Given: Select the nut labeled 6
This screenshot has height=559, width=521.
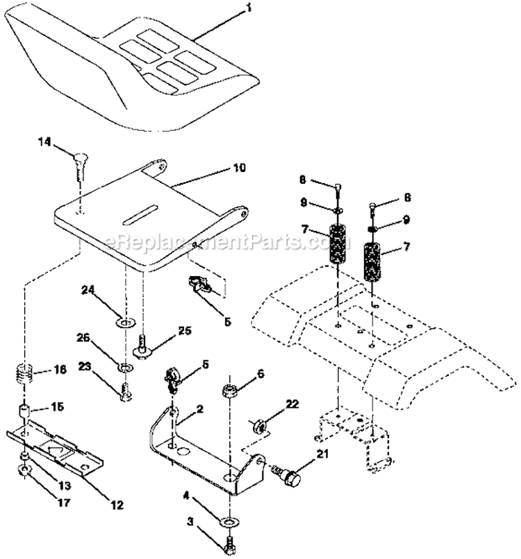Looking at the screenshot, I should tap(229, 393).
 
